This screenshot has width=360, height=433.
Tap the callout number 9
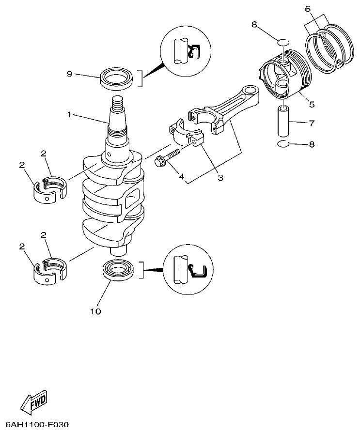click(x=70, y=74)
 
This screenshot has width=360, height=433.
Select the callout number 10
click(x=95, y=311)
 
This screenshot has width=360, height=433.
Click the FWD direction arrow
click(x=34, y=401)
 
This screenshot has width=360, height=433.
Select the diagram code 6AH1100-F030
click(x=35, y=425)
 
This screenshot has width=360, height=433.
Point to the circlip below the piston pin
click(x=284, y=144)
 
